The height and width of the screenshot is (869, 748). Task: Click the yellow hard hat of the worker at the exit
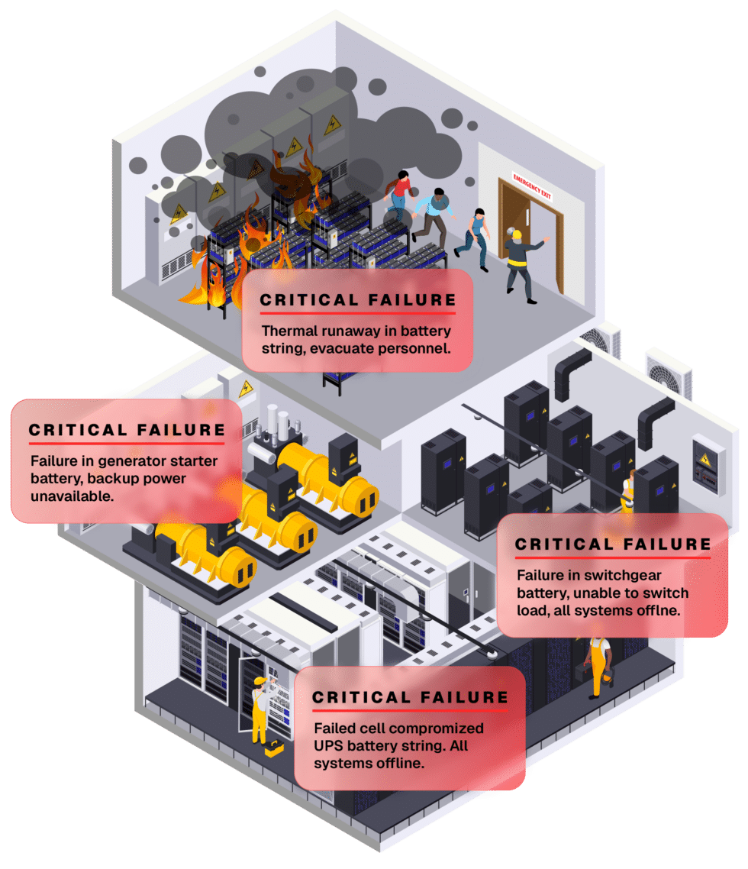517,234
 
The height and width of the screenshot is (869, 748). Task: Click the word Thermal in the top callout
285,332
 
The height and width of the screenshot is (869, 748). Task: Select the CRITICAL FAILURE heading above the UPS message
410,697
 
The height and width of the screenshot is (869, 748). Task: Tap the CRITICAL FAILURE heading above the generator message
127,431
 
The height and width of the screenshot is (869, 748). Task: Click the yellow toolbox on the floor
274,751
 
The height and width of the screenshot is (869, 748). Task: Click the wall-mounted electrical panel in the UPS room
704,462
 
